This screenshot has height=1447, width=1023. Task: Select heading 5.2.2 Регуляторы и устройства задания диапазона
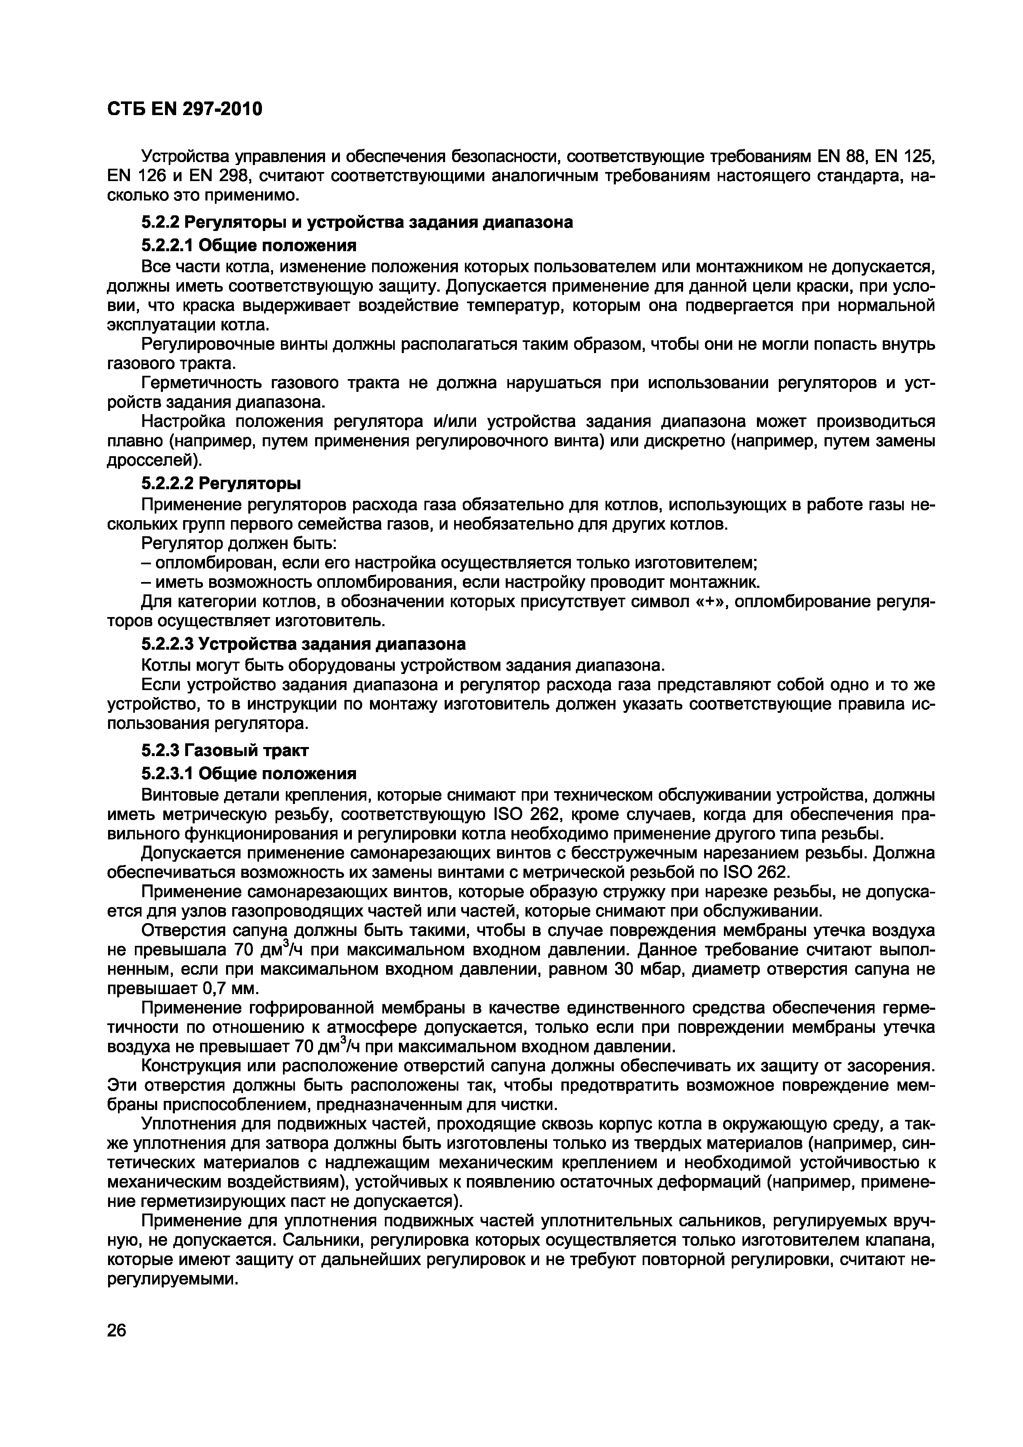click(x=357, y=222)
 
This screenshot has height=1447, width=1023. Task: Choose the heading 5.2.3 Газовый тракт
click(x=225, y=751)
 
